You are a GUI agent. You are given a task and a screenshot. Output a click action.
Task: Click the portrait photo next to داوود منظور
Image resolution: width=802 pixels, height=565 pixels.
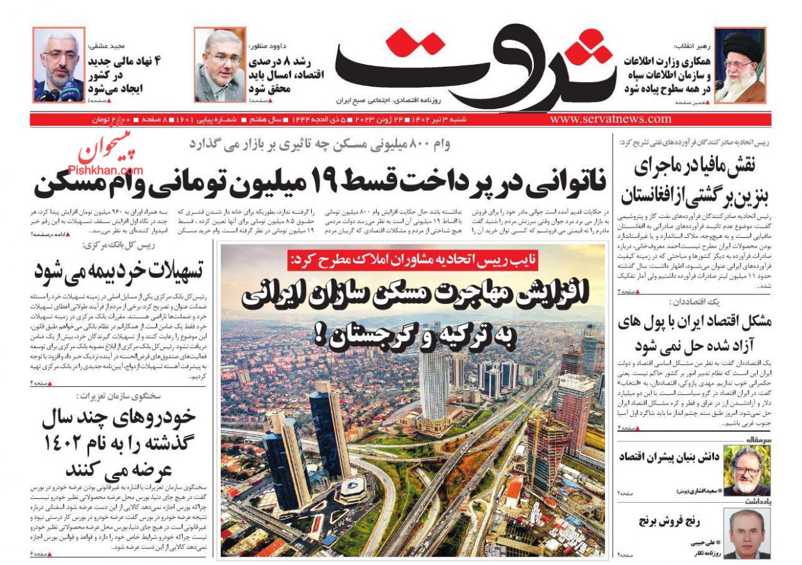[220, 65]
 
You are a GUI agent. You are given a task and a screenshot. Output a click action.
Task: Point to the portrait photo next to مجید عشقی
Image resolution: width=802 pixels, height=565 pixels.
[58, 65]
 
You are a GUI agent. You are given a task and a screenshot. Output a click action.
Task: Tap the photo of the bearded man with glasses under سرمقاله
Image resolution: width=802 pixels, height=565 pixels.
[746, 470]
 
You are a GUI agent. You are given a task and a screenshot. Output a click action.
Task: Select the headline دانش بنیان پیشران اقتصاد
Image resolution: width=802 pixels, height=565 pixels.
[667, 457]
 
